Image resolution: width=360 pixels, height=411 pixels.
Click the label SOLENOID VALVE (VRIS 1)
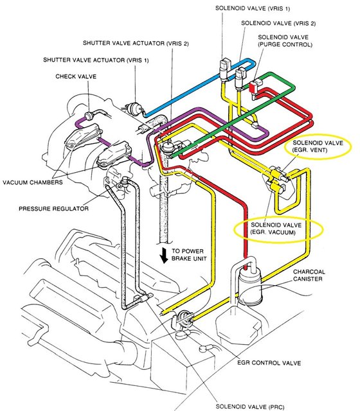pyautogui.click(x=253, y=8)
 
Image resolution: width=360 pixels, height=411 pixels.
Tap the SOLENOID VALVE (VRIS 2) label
pyautogui.click(x=278, y=23)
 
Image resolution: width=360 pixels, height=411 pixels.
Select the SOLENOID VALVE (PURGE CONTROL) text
pyautogui.click(x=285, y=41)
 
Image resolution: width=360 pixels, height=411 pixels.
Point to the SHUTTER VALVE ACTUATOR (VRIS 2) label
pyautogui.click(x=136, y=43)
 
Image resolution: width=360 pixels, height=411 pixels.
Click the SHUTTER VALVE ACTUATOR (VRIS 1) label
pyautogui.click(x=96, y=60)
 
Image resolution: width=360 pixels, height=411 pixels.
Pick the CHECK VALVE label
pyautogui.click(x=76, y=76)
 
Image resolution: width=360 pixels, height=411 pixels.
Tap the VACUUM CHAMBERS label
pyautogui.click(x=33, y=182)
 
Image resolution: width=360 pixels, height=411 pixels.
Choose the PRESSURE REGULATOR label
pyautogui.click(x=53, y=209)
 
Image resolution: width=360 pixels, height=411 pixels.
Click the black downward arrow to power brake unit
pyautogui.click(x=165, y=256)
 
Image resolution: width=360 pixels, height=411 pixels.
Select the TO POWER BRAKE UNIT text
pyautogui.click(x=189, y=255)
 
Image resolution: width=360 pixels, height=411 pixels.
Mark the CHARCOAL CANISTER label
pyautogui.click(x=309, y=275)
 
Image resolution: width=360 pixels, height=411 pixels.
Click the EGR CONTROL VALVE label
pyautogui.click(x=269, y=363)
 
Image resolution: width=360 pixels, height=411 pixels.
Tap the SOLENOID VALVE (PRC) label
pyautogui.click(x=250, y=407)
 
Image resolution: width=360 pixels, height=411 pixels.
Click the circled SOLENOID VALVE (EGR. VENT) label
pyautogui.click(x=318, y=146)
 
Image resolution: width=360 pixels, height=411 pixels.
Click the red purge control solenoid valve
pyautogui.click(x=253, y=87)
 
